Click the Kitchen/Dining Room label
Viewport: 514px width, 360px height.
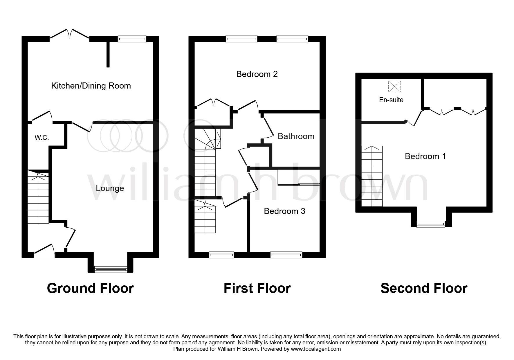[91, 86]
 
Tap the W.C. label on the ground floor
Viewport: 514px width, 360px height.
[42, 138]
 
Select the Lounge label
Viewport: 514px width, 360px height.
[110, 188]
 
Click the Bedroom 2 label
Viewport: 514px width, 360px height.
[257, 74]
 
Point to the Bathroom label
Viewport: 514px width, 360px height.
[296, 136]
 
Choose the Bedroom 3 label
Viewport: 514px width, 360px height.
[284, 211]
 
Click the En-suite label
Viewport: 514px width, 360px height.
[391, 100]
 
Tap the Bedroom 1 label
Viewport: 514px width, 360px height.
[425, 156]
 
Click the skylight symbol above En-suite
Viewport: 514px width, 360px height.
[394, 86]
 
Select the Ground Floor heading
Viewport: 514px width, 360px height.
[90, 288]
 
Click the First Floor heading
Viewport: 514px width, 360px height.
[257, 288]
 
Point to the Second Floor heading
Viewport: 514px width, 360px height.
[424, 288]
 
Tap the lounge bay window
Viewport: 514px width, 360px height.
[111, 269]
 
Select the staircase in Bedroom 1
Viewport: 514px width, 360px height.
[372, 176]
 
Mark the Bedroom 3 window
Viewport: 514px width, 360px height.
[286, 255]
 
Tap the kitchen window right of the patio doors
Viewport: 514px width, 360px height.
[132, 39]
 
